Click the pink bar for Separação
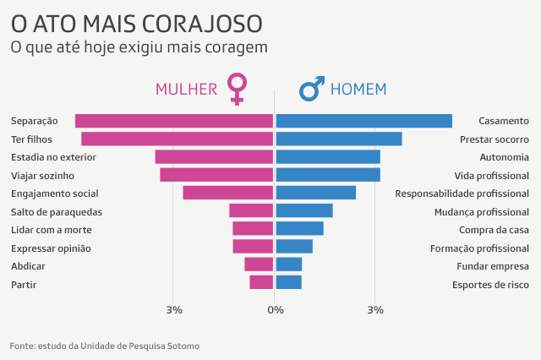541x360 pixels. [x=173, y=121]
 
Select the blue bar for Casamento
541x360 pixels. [x=363, y=121]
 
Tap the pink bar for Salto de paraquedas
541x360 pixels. [x=251, y=211]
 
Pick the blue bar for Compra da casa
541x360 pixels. [x=299, y=229]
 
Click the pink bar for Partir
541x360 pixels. [x=261, y=283]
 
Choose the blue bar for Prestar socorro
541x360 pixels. [x=338, y=139]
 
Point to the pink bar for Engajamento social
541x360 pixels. [x=227, y=193]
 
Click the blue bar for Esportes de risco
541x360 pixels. [x=288, y=283]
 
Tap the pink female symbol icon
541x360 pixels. [x=238, y=89]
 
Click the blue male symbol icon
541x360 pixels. [x=312, y=89]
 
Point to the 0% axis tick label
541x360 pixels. [x=275, y=311]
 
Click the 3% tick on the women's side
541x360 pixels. [x=173, y=311]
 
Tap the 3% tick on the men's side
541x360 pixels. [x=375, y=311]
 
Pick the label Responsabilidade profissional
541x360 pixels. [x=462, y=194]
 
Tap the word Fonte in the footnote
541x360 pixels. [x=23, y=346]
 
